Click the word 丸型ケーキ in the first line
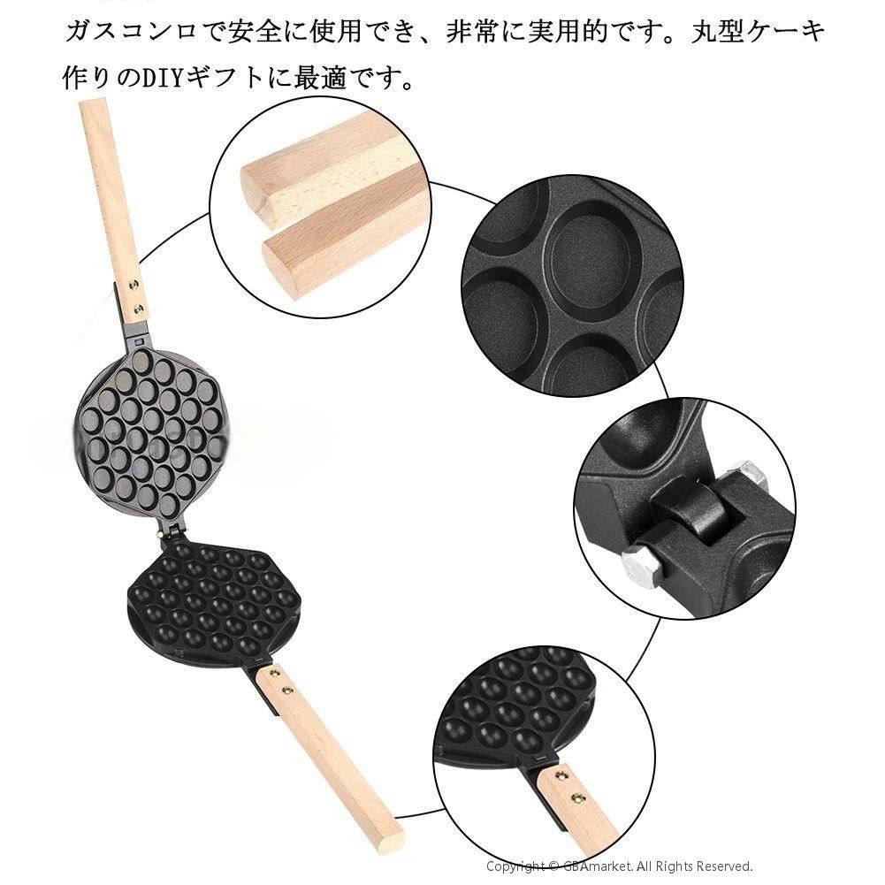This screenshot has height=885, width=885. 757,30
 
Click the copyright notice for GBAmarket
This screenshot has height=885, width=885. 619,866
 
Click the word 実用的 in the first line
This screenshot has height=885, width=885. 566,30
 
